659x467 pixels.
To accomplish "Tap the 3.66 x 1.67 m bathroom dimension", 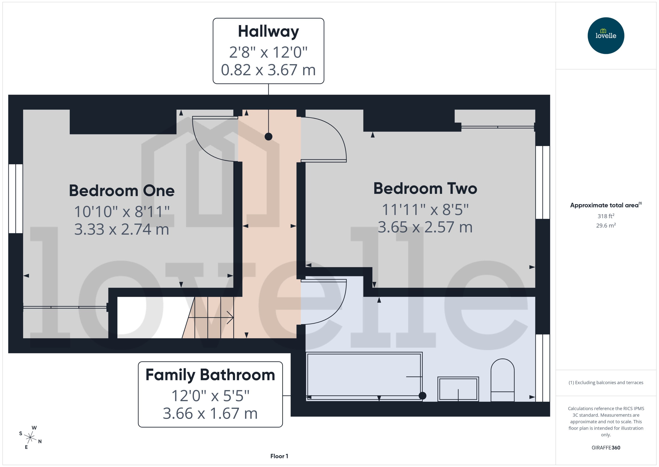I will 210,413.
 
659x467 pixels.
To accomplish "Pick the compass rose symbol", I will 30,437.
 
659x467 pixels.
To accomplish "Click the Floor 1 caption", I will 279,456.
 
